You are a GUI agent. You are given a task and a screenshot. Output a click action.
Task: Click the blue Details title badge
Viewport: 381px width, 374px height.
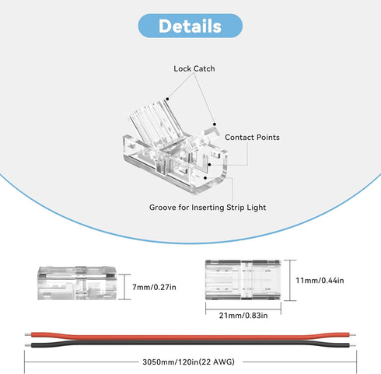click(x=190, y=26)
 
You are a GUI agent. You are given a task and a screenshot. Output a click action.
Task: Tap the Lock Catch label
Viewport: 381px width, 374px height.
click(x=194, y=68)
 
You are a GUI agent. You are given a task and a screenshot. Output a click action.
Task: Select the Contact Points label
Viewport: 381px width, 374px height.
click(x=252, y=138)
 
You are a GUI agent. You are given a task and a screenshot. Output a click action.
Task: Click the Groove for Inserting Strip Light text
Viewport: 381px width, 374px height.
click(x=208, y=208)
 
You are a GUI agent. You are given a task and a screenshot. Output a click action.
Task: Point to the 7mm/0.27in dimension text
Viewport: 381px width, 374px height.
click(x=154, y=287)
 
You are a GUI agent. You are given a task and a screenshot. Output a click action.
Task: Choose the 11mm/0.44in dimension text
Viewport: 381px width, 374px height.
click(x=320, y=281)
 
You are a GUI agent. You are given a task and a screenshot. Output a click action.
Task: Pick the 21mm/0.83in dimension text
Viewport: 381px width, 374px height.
click(x=243, y=316)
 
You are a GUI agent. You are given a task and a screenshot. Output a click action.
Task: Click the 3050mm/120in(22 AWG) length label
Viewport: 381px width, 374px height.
click(x=188, y=362)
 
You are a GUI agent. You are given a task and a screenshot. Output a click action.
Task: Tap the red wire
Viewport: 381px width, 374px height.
click(x=190, y=337)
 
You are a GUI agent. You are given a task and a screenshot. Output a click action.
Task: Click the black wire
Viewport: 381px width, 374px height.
click(x=190, y=344)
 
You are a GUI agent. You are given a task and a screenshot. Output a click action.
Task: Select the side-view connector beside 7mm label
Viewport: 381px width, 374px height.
click(x=77, y=283)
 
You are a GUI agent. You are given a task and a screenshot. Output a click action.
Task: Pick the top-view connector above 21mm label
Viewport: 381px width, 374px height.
click(x=243, y=280)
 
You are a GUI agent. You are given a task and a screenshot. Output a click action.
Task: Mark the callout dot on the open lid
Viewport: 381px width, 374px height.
click(x=167, y=99)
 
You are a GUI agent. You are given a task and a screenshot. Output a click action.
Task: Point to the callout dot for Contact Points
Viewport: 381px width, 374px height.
click(x=209, y=164)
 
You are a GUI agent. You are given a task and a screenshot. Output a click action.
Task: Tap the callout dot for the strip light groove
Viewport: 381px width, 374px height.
click(x=205, y=178)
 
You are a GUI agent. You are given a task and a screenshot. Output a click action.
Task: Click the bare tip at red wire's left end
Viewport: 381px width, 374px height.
click(x=28, y=335)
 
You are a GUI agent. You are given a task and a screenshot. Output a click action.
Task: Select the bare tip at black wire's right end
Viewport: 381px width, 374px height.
click(x=353, y=345)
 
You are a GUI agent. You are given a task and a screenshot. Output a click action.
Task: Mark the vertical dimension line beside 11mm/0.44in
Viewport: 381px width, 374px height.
click(x=289, y=280)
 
